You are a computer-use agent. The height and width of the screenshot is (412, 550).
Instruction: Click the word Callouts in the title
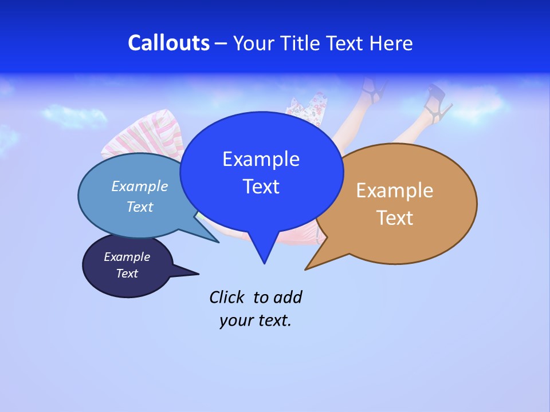(x=168, y=43)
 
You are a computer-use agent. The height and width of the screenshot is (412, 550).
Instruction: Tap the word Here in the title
(x=391, y=43)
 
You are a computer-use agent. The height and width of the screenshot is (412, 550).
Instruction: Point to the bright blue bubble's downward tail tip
(x=264, y=263)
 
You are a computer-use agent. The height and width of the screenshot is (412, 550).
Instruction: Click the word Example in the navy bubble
(x=127, y=257)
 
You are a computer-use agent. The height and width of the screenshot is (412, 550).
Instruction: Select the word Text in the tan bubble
(x=395, y=218)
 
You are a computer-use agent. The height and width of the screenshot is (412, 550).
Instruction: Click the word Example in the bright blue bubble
(x=261, y=159)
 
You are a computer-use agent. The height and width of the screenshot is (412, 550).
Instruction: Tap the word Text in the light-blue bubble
(x=140, y=207)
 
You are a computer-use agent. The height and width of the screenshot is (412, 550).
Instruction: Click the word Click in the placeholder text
(x=227, y=297)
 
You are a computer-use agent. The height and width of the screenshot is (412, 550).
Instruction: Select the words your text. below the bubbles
(x=255, y=320)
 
